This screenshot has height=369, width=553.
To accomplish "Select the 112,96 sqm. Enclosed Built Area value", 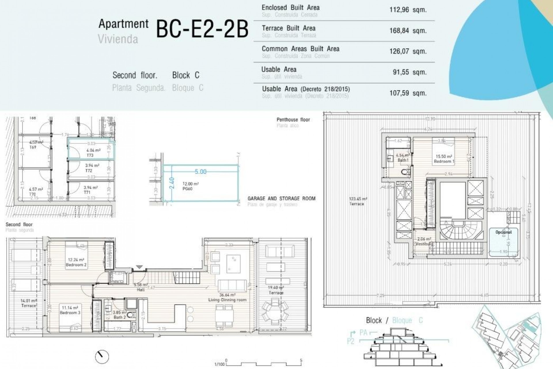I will tap(408, 10).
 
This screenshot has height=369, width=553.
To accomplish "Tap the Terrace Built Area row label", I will tap(288, 28).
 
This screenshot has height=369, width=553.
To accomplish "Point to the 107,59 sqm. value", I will tap(408, 93).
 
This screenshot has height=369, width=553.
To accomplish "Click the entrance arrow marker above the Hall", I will tap(139, 267).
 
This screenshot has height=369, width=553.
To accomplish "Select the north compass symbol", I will tap(102, 357).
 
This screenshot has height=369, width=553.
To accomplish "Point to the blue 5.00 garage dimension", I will tap(200, 172).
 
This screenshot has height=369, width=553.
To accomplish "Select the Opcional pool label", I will tap(503, 232).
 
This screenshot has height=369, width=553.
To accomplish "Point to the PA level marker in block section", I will tap(363, 333).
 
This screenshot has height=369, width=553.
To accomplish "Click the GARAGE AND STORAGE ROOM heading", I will tap(281, 199).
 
